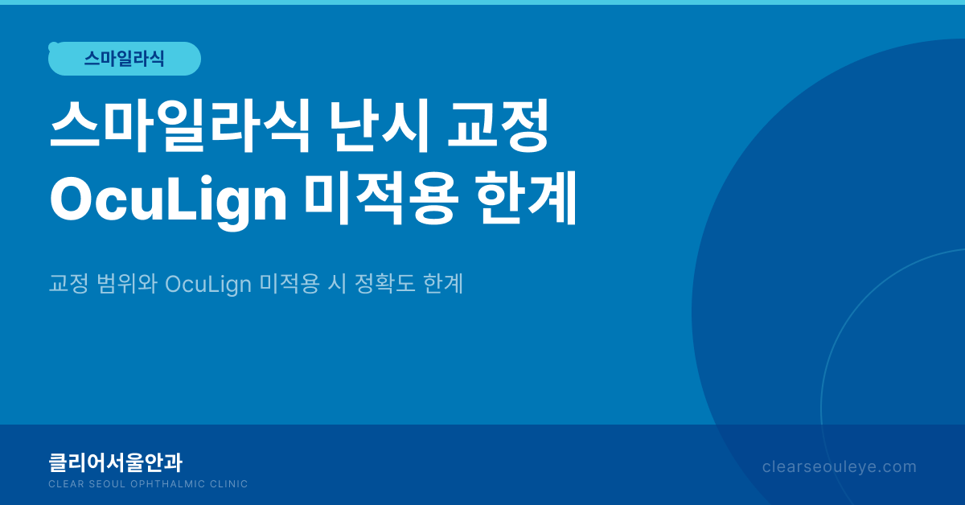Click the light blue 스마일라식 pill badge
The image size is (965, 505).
[x=125, y=59]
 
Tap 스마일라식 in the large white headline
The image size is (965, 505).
[x=180, y=125]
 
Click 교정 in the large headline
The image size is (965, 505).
[x=498, y=125]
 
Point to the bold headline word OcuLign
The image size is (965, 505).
[x=168, y=201]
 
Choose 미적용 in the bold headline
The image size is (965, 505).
[x=380, y=199]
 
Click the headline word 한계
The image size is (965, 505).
[x=526, y=199]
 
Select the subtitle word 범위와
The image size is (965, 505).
[x=127, y=284]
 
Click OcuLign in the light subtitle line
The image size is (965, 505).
[x=208, y=285]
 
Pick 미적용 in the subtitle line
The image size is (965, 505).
[x=289, y=284]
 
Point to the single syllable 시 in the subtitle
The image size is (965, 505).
[x=337, y=284]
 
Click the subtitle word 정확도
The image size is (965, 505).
[x=384, y=284]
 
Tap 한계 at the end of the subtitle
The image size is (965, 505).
[x=443, y=284]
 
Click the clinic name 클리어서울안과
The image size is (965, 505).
[x=116, y=462]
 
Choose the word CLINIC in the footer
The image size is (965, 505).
[x=228, y=484]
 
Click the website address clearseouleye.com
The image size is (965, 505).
[x=840, y=467]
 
